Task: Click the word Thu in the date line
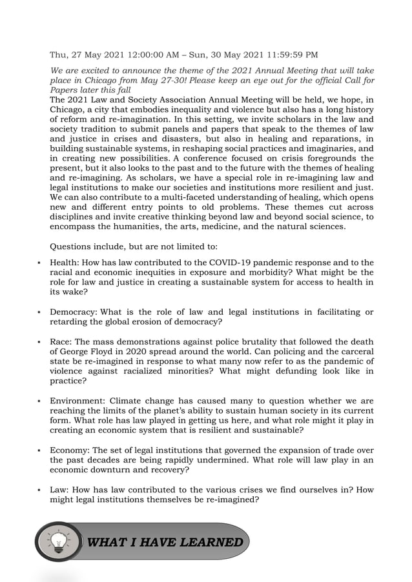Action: pos(59,54)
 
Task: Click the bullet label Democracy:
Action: pos(74,312)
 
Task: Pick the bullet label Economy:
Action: pos(72,450)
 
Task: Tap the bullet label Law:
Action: pos(62,490)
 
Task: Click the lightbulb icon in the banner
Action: pos(59,542)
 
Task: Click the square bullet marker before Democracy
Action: pos(39,313)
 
